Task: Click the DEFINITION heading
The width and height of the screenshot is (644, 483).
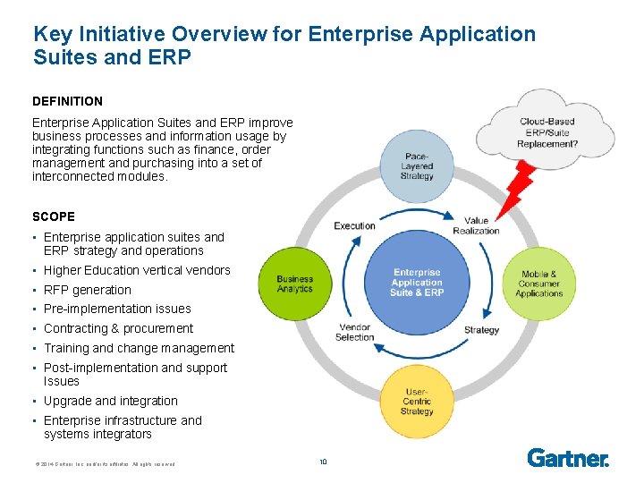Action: click(67, 101)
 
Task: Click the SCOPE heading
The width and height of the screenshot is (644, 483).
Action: click(54, 216)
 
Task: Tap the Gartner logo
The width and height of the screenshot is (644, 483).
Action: click(568, 458)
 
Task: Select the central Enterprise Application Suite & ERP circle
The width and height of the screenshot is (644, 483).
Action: click(417, 283)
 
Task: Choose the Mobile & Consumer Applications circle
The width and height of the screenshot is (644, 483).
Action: click(539, 283)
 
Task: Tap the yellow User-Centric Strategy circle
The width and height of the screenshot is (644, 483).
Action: click(417, 400)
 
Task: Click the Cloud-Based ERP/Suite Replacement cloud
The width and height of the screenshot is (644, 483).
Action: click(548, 132)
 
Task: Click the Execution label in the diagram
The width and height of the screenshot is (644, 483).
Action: click(354, 225)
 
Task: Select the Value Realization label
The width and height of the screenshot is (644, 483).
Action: click(477, 225)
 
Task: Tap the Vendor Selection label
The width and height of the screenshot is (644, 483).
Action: click(354, 332)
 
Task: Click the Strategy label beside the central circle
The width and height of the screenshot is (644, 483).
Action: click(481, 330)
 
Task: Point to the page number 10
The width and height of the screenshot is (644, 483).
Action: click(323, 462)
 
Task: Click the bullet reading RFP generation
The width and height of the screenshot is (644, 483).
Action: click(87, 290)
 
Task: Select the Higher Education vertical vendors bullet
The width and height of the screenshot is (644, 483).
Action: click(137, 270)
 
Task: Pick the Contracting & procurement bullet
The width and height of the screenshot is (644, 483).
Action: click(118, 328)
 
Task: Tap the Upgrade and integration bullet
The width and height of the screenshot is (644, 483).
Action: click(111, 401)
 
